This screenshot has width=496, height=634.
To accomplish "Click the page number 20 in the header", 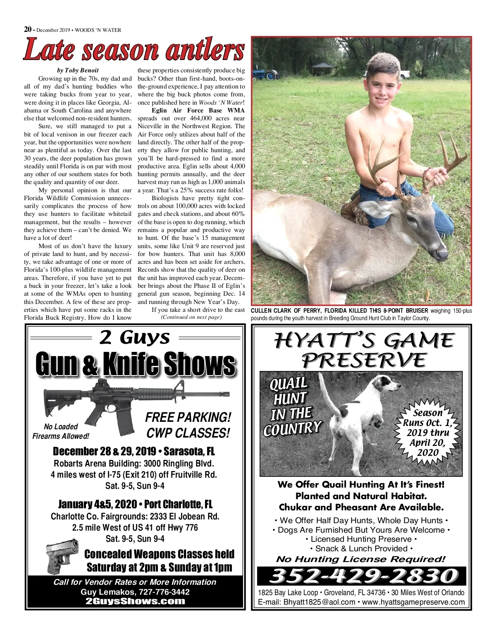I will coord(28,29).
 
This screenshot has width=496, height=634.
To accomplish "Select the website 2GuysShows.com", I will coord(135,602).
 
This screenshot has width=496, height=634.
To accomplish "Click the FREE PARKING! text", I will coord(188,417).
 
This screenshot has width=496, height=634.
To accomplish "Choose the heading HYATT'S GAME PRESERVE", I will coord(363,350).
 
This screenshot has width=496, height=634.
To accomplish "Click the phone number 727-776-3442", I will coord(162,592).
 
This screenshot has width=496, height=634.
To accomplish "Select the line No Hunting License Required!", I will coord(361,560).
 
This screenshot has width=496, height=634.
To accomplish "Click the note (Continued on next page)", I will coord(191,317).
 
